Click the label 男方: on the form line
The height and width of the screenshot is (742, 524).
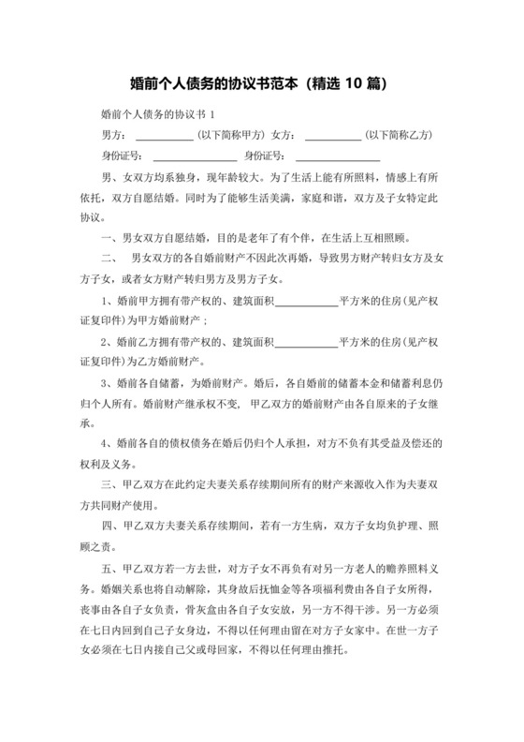[x=114, y=136]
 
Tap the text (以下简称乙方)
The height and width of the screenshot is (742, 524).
[x=398, y=136]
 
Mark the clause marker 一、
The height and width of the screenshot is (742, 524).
[x=111, y=239]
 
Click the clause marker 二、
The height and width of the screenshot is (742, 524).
[x=111, y=260]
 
